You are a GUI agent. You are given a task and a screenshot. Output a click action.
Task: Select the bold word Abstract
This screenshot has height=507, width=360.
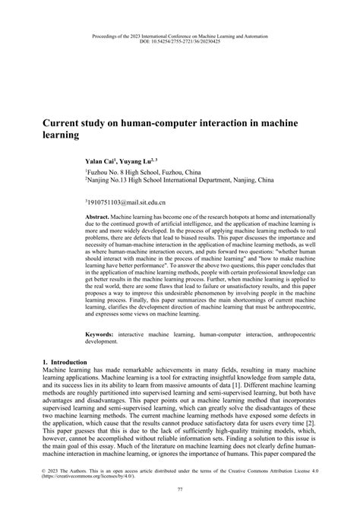[99, 217]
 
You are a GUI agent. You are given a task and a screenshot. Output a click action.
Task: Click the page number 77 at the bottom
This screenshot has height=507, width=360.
[179, 490]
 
